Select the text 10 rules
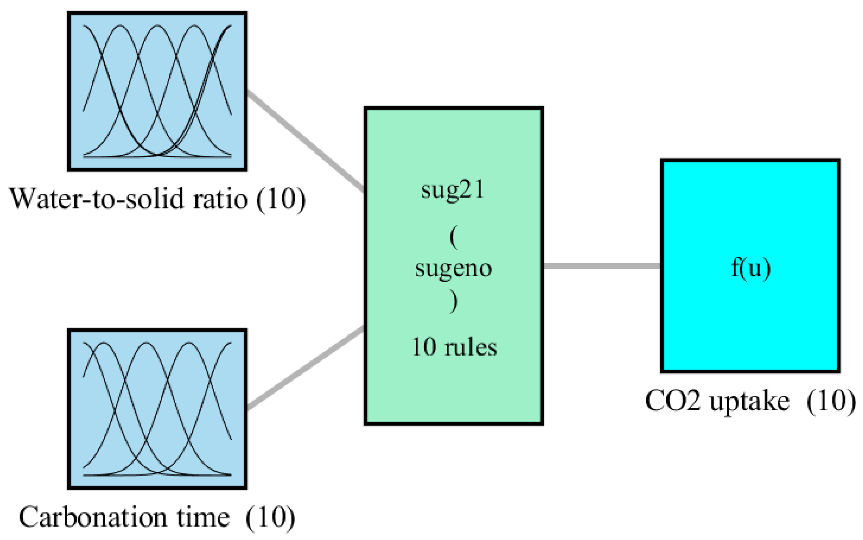click(x=454, y=347)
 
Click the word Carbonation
click(x=93, y=517)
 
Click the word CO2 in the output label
click(x=672, y=401)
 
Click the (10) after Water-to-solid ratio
click(x=281, y=199)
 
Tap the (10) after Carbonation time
click(x=270, y=517)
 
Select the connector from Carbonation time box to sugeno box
click(x=305, y=368)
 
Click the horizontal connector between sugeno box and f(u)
click(x=602, y=266)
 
